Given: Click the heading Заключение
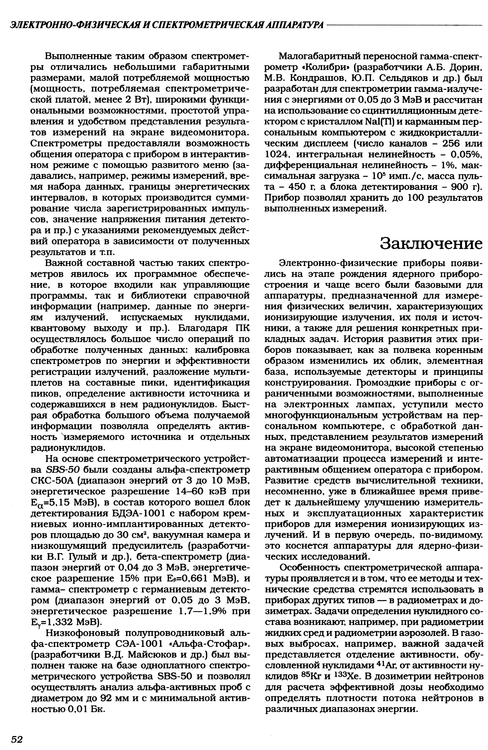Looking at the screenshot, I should click(x=431, y=244).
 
